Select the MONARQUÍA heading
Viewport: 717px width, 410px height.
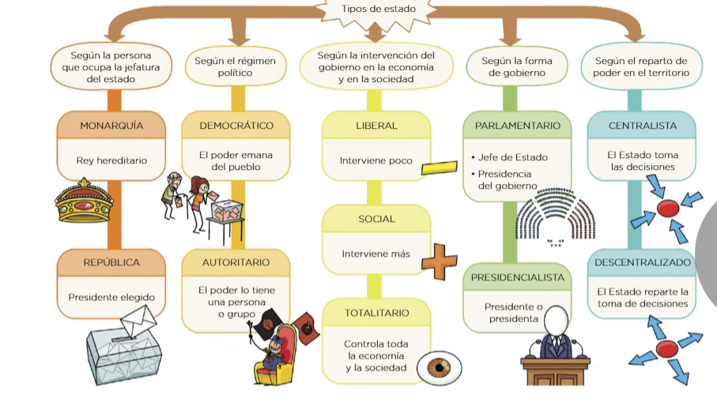coord(111,126)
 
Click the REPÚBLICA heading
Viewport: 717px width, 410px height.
coord(111,262)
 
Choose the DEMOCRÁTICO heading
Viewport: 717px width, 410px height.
coord(236,126)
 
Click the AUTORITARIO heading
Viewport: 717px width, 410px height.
coord(236,262)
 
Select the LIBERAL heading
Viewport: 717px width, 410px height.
coord(376,126)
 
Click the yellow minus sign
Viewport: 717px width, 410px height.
coord(440,167)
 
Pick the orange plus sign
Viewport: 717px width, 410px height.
coord(440,261)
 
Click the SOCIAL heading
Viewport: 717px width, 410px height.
coord(376,219)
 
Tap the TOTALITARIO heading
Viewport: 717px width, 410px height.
coord(376,313)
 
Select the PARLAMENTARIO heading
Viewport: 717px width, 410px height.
coord(517,126)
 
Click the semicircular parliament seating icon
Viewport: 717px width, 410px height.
coord(556,216)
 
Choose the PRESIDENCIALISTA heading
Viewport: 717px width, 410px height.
coord(517,277)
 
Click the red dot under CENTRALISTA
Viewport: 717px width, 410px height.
coord(667,209)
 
